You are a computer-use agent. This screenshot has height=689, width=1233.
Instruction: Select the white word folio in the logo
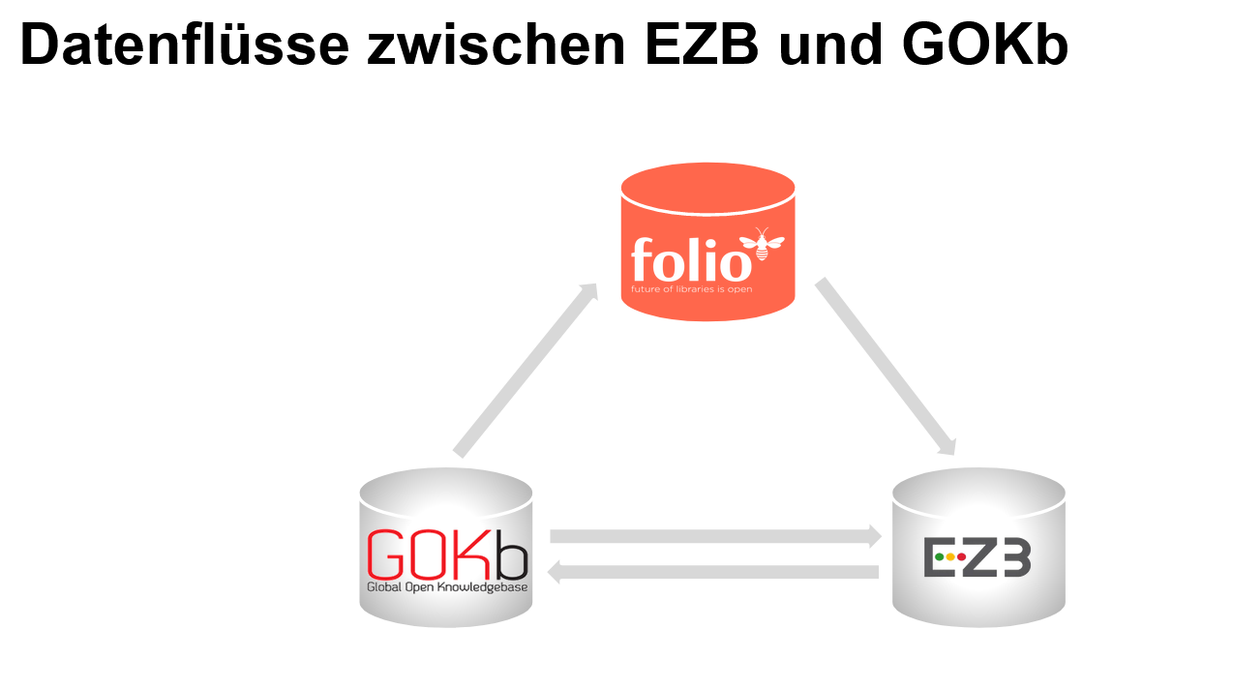(x=689, y=259)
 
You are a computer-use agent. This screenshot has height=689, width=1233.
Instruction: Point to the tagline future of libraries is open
(x=691, y=288)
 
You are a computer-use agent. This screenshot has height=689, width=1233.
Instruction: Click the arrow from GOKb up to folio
(x=526, y=370)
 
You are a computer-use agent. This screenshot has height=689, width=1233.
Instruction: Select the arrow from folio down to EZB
(x=886, y=367)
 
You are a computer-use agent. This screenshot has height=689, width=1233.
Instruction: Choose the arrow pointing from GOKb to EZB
(x=715, y=536)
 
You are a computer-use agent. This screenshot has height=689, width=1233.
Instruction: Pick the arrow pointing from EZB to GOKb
(x=713, y=573)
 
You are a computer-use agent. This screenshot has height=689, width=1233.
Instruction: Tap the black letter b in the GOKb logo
(x=512, y=555)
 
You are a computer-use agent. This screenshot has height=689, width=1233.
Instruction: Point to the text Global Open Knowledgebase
(x=446, y=586)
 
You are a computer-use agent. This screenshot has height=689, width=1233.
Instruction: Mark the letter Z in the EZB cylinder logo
(x=981, y=558)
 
